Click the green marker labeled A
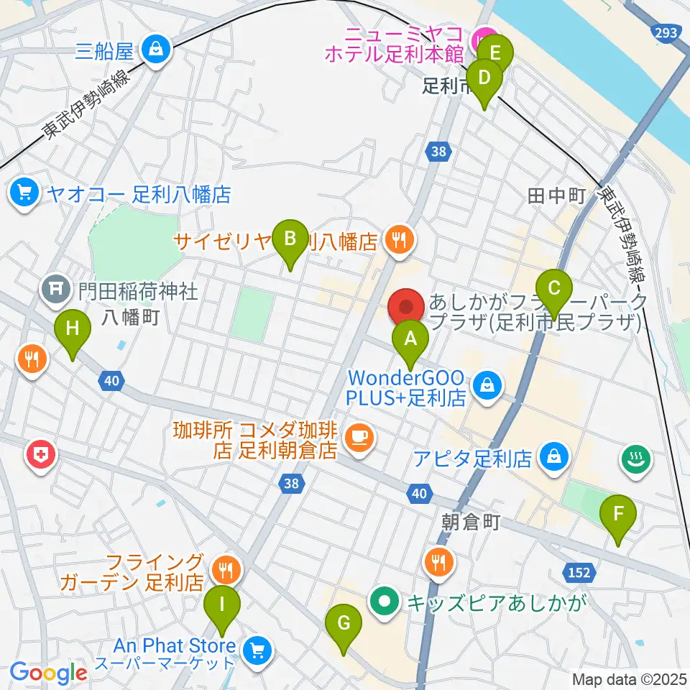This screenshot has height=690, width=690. pos(410,338)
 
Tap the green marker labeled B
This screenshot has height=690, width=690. pos(290,239)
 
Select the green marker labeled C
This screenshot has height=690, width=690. pos(553,288)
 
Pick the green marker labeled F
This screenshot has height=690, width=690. pos(617,515)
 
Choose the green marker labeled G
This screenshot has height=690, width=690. pos(344,623)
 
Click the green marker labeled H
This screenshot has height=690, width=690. pos(73,329)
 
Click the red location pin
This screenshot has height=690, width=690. pos(406,308)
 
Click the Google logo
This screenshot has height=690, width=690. pos(48,673)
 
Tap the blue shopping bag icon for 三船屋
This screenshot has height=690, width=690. pos(155,50)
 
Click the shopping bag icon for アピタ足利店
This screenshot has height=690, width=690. pos(553,456)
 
